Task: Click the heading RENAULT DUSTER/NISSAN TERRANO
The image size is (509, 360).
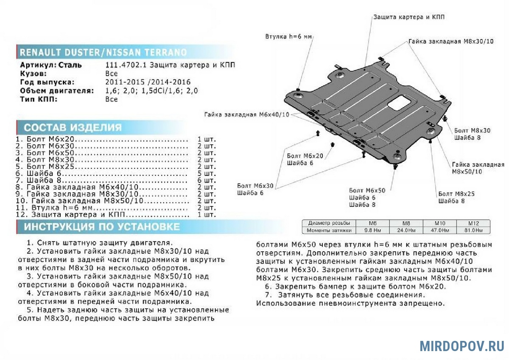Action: (103, 52)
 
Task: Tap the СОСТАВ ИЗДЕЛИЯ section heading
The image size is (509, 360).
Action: (73, 127)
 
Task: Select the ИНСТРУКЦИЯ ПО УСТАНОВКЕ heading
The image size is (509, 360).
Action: (101, 227)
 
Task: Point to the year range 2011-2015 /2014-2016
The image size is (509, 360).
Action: (148, 82)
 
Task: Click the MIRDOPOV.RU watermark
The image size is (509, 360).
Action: (462, 346)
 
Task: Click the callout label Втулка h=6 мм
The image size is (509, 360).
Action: (288, 37)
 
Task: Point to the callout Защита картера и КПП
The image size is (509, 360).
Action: (409, 17)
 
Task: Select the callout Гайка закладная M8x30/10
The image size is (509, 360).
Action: (451, 42)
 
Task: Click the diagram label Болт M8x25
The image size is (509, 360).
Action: (456, 194)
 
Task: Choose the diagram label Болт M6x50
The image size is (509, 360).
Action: (367, 190)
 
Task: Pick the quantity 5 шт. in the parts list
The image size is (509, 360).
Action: (206, 174)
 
